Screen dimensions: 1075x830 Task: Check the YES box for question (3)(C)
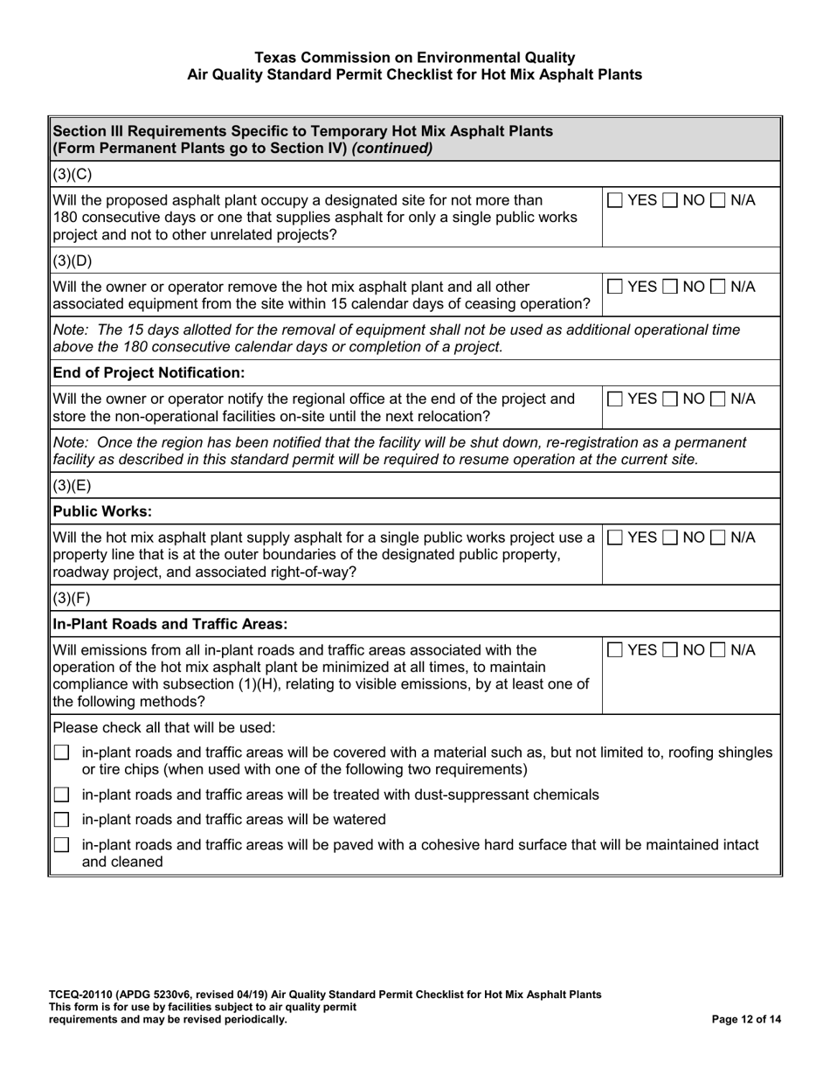coord(616,200)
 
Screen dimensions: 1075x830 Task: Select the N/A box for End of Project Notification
coord(718,399)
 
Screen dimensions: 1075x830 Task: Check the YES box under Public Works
coord(616,537)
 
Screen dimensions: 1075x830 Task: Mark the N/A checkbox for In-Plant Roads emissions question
coord(718,650)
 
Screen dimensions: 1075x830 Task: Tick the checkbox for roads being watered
coord(61,820)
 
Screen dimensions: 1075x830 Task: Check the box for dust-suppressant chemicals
coord(61,794)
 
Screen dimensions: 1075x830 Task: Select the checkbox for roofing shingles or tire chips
coord(61,752)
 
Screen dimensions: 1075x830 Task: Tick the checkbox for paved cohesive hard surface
coord(61,845)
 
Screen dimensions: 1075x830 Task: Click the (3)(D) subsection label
coord(73,260)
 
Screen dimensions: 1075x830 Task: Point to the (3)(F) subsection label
coord(72,599)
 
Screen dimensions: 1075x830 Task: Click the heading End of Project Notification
coord(149,373)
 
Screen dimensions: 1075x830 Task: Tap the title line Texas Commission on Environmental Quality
coord(415,58)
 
